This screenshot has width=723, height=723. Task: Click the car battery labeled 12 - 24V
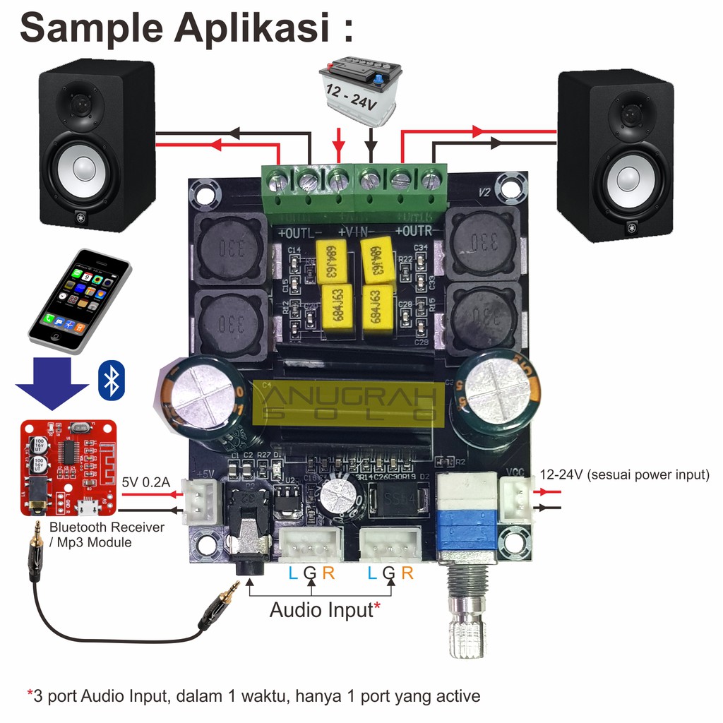click(360, 92)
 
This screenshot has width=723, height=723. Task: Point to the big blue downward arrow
click(52, 385)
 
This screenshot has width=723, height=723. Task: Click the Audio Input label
click(321, 609)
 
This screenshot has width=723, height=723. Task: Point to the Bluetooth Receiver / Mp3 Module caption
click(106, 534)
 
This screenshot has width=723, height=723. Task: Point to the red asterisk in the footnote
click(30, 695)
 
